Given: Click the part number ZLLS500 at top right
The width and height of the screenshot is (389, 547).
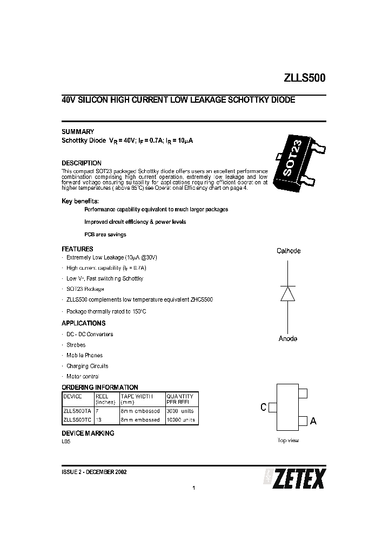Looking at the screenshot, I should click(305, 78).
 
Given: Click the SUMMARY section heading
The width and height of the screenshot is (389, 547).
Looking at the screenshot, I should click(78, 132).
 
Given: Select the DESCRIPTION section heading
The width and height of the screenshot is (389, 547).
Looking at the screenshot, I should click(82, 163).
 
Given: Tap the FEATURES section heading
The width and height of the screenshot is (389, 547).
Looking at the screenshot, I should click(77, 249).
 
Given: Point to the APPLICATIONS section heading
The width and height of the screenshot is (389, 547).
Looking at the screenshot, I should click(84, 323).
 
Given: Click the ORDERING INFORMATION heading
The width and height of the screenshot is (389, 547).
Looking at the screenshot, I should click(100, 388).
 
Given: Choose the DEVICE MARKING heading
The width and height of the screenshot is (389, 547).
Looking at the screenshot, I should click(88, 433).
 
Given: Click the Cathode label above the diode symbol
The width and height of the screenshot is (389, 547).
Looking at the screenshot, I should click(289, 251).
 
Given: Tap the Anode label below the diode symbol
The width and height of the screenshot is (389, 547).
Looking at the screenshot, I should click(288, 339).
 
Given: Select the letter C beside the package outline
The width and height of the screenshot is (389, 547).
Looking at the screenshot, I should click(264, 408).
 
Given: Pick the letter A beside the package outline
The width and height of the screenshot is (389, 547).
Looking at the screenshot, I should click(313, 421).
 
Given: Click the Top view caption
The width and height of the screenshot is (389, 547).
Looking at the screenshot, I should click(288, 441).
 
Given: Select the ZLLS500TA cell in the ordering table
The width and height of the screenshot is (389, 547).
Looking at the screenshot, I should click(77, 411).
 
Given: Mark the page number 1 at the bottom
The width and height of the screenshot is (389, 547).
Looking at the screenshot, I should click(193, 489).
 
